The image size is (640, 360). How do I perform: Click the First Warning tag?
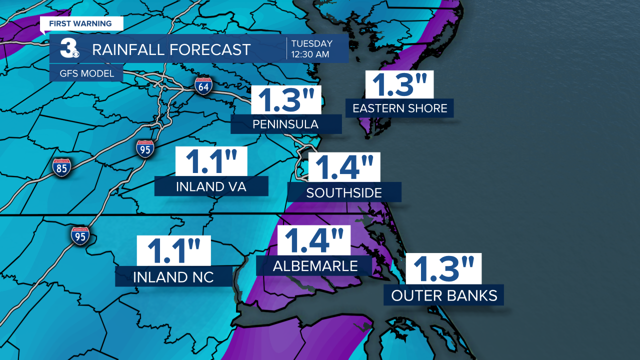80,23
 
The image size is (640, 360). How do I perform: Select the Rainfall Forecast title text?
171,49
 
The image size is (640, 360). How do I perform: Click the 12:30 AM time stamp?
311,54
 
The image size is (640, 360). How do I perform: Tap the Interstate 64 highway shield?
204,86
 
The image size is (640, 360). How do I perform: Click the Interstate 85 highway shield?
61,167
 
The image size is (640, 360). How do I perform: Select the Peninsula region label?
286,124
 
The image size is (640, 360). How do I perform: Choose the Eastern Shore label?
400,108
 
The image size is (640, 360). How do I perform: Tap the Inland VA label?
211,186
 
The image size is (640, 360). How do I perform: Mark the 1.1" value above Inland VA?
211,161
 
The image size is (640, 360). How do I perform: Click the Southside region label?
344,192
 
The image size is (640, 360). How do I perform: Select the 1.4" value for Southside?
344,167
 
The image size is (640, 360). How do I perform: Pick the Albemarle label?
315,266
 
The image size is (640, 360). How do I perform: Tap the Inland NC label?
173,277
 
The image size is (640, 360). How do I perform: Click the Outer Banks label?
444,295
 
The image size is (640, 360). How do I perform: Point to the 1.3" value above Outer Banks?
443,269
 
